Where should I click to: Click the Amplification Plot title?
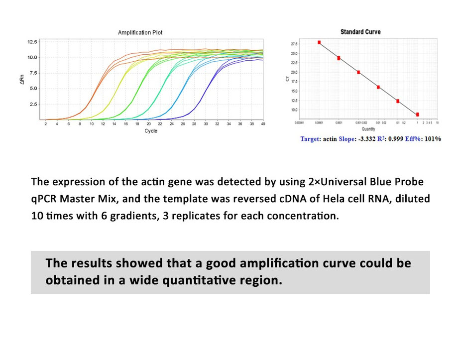pyautogui.click(x=140, y=33)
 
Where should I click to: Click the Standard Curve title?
pyautogui.click(x=360, y=32)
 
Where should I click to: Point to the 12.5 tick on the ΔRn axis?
pyautogui.click(x=32, y=42)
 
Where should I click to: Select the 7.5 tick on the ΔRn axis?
pyautogui.click(x=33, y=73)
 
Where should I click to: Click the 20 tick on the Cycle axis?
pyautogui.click(x=148, y=123)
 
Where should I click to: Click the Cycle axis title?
pyautogui.click(x=151, y=131)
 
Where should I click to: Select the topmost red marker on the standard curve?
pyautogui.click(x=319, y=43)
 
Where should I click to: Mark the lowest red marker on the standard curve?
pyautogui.click(x=417, y=115)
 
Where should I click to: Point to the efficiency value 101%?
pyautogui.click(x=432, y=139)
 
